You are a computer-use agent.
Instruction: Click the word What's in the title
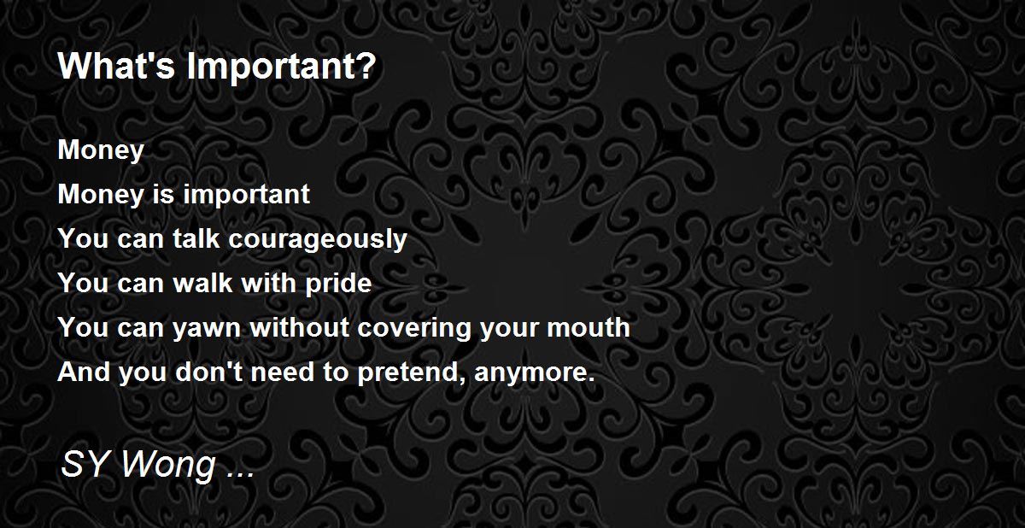[x=117, y=66]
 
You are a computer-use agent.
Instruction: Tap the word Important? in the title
[x=281, y=67]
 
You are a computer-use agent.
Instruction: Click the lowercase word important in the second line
[x=246, y=195]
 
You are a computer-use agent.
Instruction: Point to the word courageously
[x=318, y=240]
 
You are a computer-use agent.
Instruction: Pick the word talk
[x=196, y=238]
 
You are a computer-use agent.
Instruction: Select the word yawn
[x=207, y=329]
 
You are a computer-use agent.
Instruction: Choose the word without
[x=300, y=327]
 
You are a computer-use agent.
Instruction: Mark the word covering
[x=414, y=329]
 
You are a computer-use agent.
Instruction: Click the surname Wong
[x=169, y=466]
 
